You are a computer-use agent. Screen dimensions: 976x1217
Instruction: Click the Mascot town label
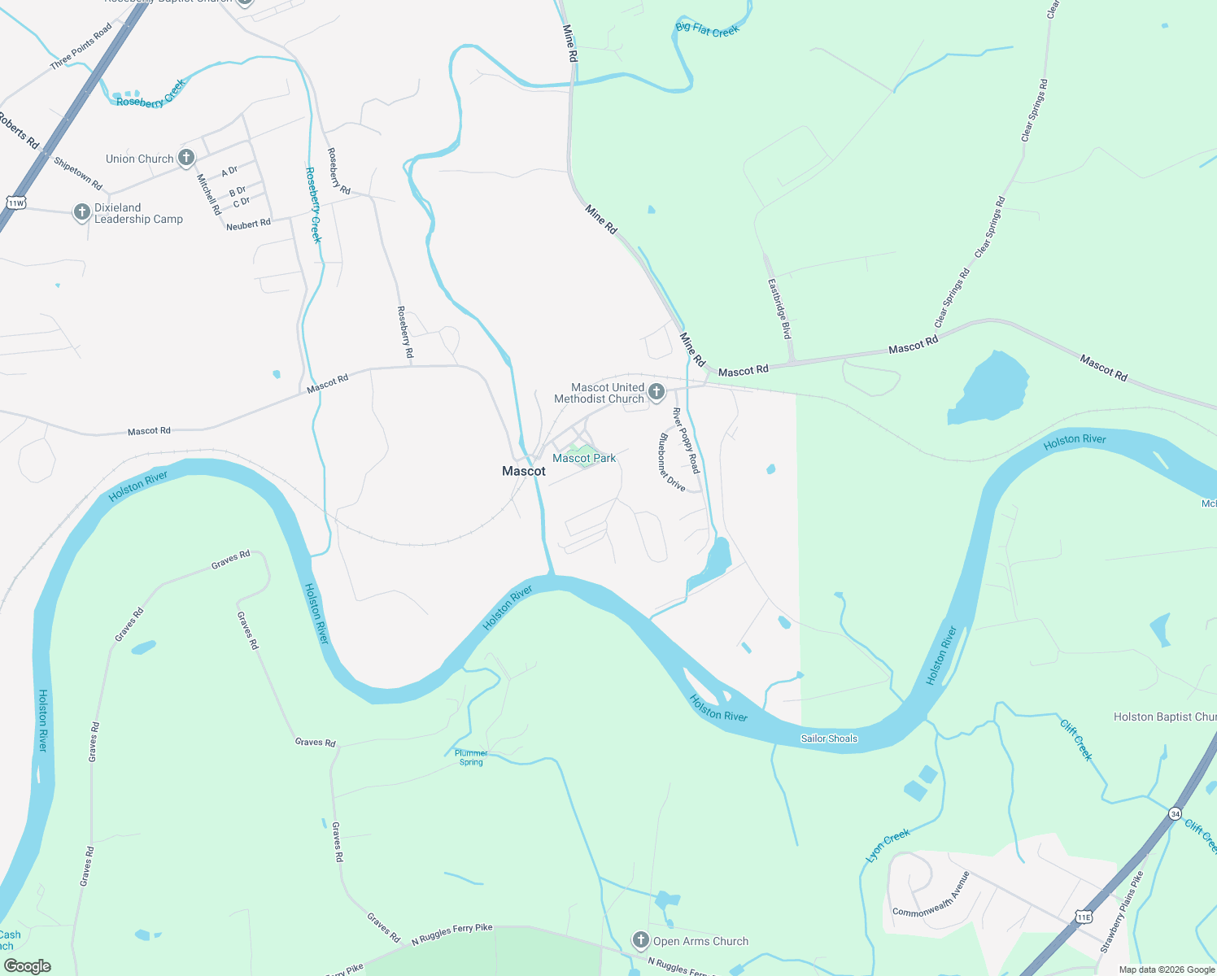pyautogui.click(x=524, y=471)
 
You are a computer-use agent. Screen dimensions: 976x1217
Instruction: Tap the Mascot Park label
pyautogui.click(x=584, y=459)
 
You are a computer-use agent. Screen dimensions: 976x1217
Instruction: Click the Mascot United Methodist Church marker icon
pyautogui.click(x=656, y=393)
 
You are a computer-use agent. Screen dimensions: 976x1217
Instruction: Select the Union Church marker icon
pyautogui.click(x=186, y=158)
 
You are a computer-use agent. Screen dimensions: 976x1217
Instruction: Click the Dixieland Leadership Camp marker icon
pyautogui.click(x=81, y=212)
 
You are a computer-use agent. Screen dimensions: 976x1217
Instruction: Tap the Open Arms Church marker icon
pyautogui.click(x=641, y=940)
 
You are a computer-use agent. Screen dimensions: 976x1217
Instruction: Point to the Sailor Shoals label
pyautogui.click(x=829, y=739)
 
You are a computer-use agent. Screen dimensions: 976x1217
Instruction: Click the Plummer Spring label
pyautogui.click(x=471, y=758)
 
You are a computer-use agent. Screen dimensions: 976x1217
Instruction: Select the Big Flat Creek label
pyautogui.click(x=707, y=30)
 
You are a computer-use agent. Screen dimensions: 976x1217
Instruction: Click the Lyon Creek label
pyautogui.click(x=888, y=846)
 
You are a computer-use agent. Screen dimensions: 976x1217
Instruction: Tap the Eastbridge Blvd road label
pyautogui.click(x=779, y=309)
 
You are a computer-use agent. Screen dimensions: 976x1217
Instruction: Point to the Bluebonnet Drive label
pyautogui.click(x=672, y=462)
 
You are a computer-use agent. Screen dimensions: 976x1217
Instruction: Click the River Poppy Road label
pyautogui.click(x=686, y=441)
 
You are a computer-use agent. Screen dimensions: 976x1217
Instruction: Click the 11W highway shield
pyautogui.click(x=15, y=203)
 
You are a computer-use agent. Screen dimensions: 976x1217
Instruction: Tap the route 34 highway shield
pyautogui.click(x=1175, y=813)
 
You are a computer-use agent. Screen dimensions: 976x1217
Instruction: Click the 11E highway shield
pyautogui.click(x=1084, y=917)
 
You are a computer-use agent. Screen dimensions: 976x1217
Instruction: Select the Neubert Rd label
pyautogui.click(x=248, y=224)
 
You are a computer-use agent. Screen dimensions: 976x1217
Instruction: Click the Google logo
pyautogui.click(x=28, y=966)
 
